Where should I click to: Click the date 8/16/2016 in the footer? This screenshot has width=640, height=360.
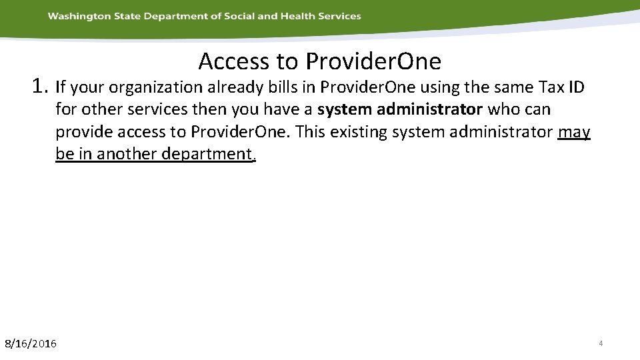(x=31, y=344)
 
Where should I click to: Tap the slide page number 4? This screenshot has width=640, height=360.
(x=601, y=343)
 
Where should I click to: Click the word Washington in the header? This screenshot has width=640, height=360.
(x=76, y=16)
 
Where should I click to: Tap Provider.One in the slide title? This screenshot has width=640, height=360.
(x=373, y=61)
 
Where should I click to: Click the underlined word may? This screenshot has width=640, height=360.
(x=574, y=132)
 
